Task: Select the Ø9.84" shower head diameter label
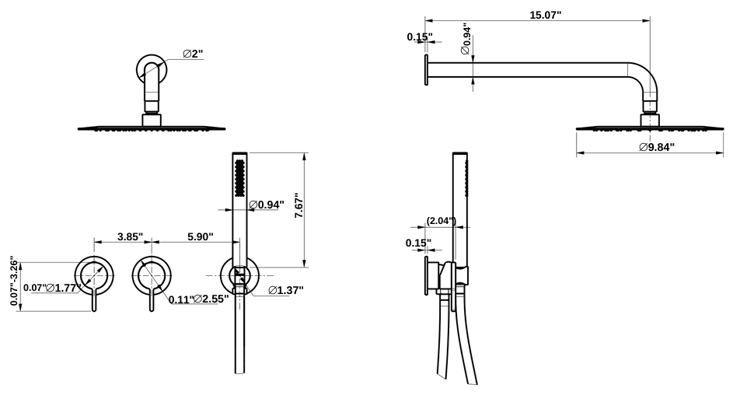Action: [656, 147]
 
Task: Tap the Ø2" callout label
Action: [194, 54]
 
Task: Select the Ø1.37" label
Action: [285, 290]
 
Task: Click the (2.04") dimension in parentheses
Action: [441, 220]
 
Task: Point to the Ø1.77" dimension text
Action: [65, 288]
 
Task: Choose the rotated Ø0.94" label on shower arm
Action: [466, 40]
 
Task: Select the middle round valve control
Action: [152, 275]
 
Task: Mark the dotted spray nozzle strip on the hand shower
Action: [242, 178]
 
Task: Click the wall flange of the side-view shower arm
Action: [426, 67]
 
